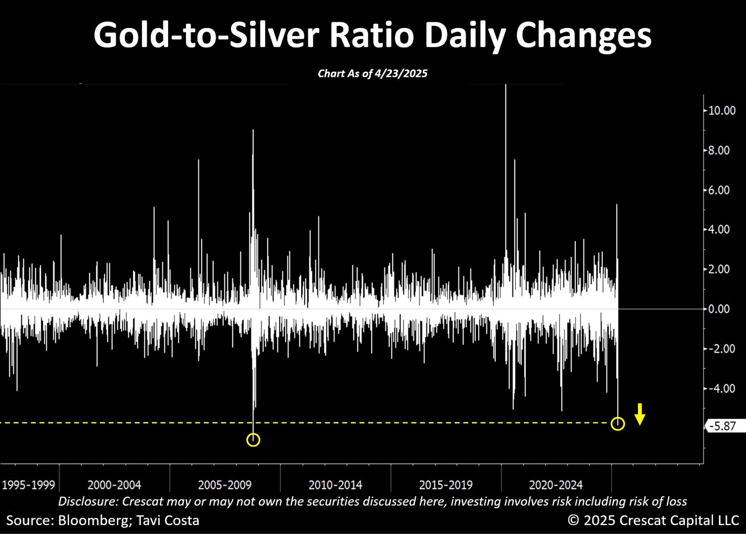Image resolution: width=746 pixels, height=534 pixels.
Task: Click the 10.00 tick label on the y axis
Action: click(x=722, y=111)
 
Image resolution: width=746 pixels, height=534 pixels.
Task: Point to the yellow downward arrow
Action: click(x=640, y=414)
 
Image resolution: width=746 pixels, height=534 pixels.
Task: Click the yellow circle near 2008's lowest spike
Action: click(x=253, y=440)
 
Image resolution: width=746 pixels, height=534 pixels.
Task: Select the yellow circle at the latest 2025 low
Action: click(x=618, y=424)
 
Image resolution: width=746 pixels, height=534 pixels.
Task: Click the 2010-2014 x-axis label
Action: click(x=335, y=485)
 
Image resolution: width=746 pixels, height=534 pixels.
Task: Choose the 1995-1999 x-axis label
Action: click(x=28, y=485)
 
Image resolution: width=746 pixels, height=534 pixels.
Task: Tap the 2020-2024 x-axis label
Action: click(x=556, y=485)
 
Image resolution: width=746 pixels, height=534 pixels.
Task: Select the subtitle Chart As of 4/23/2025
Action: click(x=373, y=73)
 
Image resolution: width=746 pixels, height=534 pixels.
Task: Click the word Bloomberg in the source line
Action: click(x=93, y=521)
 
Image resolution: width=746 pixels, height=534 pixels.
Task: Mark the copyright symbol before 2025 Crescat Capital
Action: click(x=573, y=520)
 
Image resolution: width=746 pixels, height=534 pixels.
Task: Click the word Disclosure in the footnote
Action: click(x=88, y=502)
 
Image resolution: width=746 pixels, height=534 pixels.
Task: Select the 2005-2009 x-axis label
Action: click(x=225, y=485)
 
